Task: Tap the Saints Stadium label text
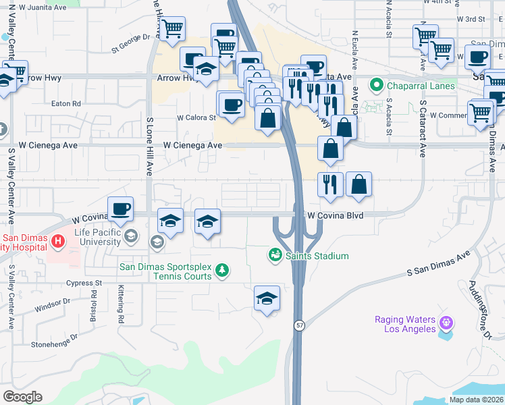click(317, 256)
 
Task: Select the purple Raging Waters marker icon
click(444, 323)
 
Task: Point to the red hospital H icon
click(58, 240)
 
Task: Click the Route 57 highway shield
click(298, 325)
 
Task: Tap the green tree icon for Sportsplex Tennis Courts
click(222, 271)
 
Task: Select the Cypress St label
click(84, 283)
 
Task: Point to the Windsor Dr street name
click(52, 302)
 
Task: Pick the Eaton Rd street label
click(66, 104)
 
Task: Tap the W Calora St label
click(196, 117)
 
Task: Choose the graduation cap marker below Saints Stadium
click(267, 298)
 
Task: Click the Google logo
click(22, 397)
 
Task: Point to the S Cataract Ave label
click(423, 130)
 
